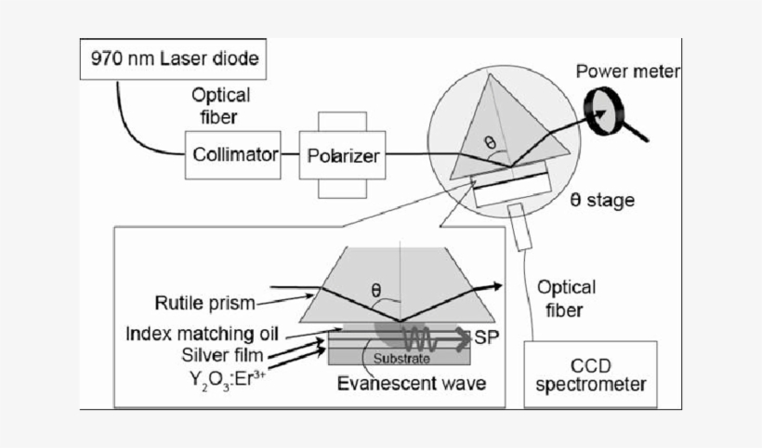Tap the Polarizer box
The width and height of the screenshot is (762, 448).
[x=343, y=155]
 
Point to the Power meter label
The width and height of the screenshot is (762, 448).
[x=629, y=72]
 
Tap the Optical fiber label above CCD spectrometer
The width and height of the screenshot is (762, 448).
[x=567, y=297]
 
